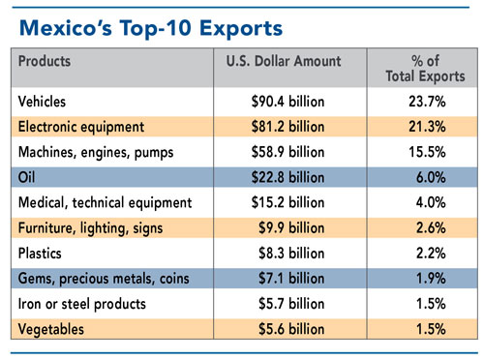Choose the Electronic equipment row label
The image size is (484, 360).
click(81, 125)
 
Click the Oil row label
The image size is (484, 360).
click(27, 176)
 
